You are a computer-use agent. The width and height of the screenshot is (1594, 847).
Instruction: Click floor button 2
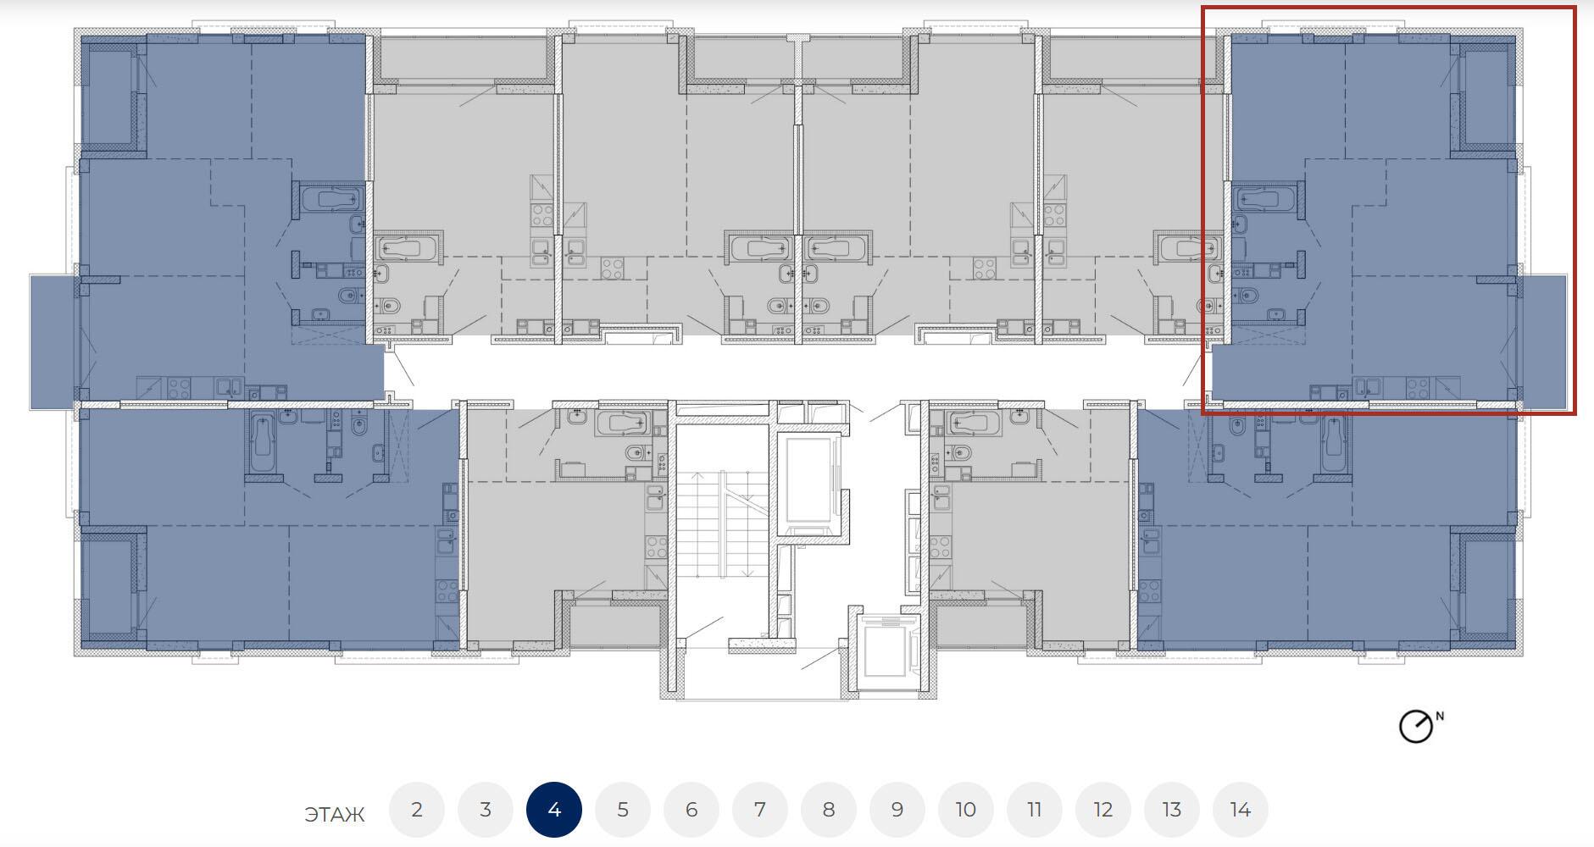tap(417, 810)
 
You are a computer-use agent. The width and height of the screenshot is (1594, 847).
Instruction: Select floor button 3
tap(486, 810)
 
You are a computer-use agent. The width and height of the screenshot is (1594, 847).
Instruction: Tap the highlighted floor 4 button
tap(554, 810)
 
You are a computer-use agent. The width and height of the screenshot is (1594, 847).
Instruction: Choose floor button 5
tap(623, 810)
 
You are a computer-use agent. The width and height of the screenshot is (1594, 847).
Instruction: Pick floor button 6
tap(691, 810)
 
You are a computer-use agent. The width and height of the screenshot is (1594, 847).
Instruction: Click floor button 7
tap(760, 810)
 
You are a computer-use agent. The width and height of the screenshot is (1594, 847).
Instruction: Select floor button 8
tap(829, 810)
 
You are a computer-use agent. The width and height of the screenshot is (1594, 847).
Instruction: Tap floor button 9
tap(897, 810)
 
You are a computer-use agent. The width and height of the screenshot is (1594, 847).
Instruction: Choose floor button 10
tap(966, 810)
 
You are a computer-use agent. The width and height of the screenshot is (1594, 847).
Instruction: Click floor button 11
tap(1035, 810)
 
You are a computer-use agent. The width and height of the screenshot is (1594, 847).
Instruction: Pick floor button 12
tap(1103, 810)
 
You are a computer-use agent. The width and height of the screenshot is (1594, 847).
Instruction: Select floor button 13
tap(1172, 810)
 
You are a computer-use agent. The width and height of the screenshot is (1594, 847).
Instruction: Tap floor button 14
tap(1241, 810)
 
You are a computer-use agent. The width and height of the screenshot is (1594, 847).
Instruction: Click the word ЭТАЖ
tap(335, 815)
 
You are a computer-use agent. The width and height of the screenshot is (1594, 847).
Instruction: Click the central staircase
tap(722, 525)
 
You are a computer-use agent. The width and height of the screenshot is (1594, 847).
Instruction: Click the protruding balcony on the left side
tap(54, 341)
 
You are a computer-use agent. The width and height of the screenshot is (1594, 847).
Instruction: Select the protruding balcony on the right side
tap(1543, 341)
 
